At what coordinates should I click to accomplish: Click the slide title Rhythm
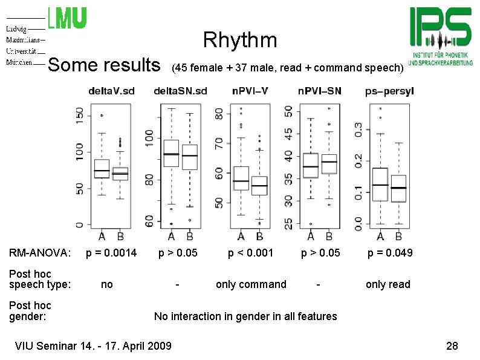[240, 41]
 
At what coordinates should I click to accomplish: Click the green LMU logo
[67, 18]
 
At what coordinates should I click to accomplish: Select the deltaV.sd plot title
[111, 91]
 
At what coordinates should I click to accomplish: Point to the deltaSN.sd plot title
[180, 91]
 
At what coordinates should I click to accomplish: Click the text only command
[251, 284]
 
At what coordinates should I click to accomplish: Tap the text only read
[388, 284]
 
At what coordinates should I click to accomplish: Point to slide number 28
[452, 346]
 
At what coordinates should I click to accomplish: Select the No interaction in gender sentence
[245, 316]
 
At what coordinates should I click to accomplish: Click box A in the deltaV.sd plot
[102, 169]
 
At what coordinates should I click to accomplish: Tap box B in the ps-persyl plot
[398, 189]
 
